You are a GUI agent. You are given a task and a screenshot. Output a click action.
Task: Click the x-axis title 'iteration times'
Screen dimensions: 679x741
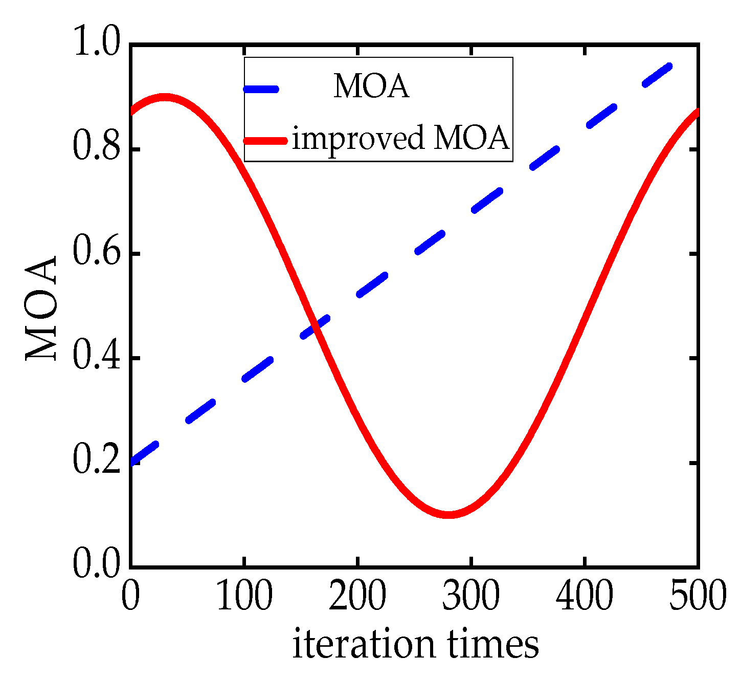tap(415, 645)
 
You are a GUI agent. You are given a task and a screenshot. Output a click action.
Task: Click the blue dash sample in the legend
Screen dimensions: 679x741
tap(261, 89)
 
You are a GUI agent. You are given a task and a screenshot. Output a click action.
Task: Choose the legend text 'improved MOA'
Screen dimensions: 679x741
tap(400, 139)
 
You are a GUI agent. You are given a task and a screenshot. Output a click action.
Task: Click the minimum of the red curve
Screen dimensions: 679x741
tap(448, 514)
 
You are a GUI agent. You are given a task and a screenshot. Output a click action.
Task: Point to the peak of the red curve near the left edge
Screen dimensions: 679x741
tap(164, 97)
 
